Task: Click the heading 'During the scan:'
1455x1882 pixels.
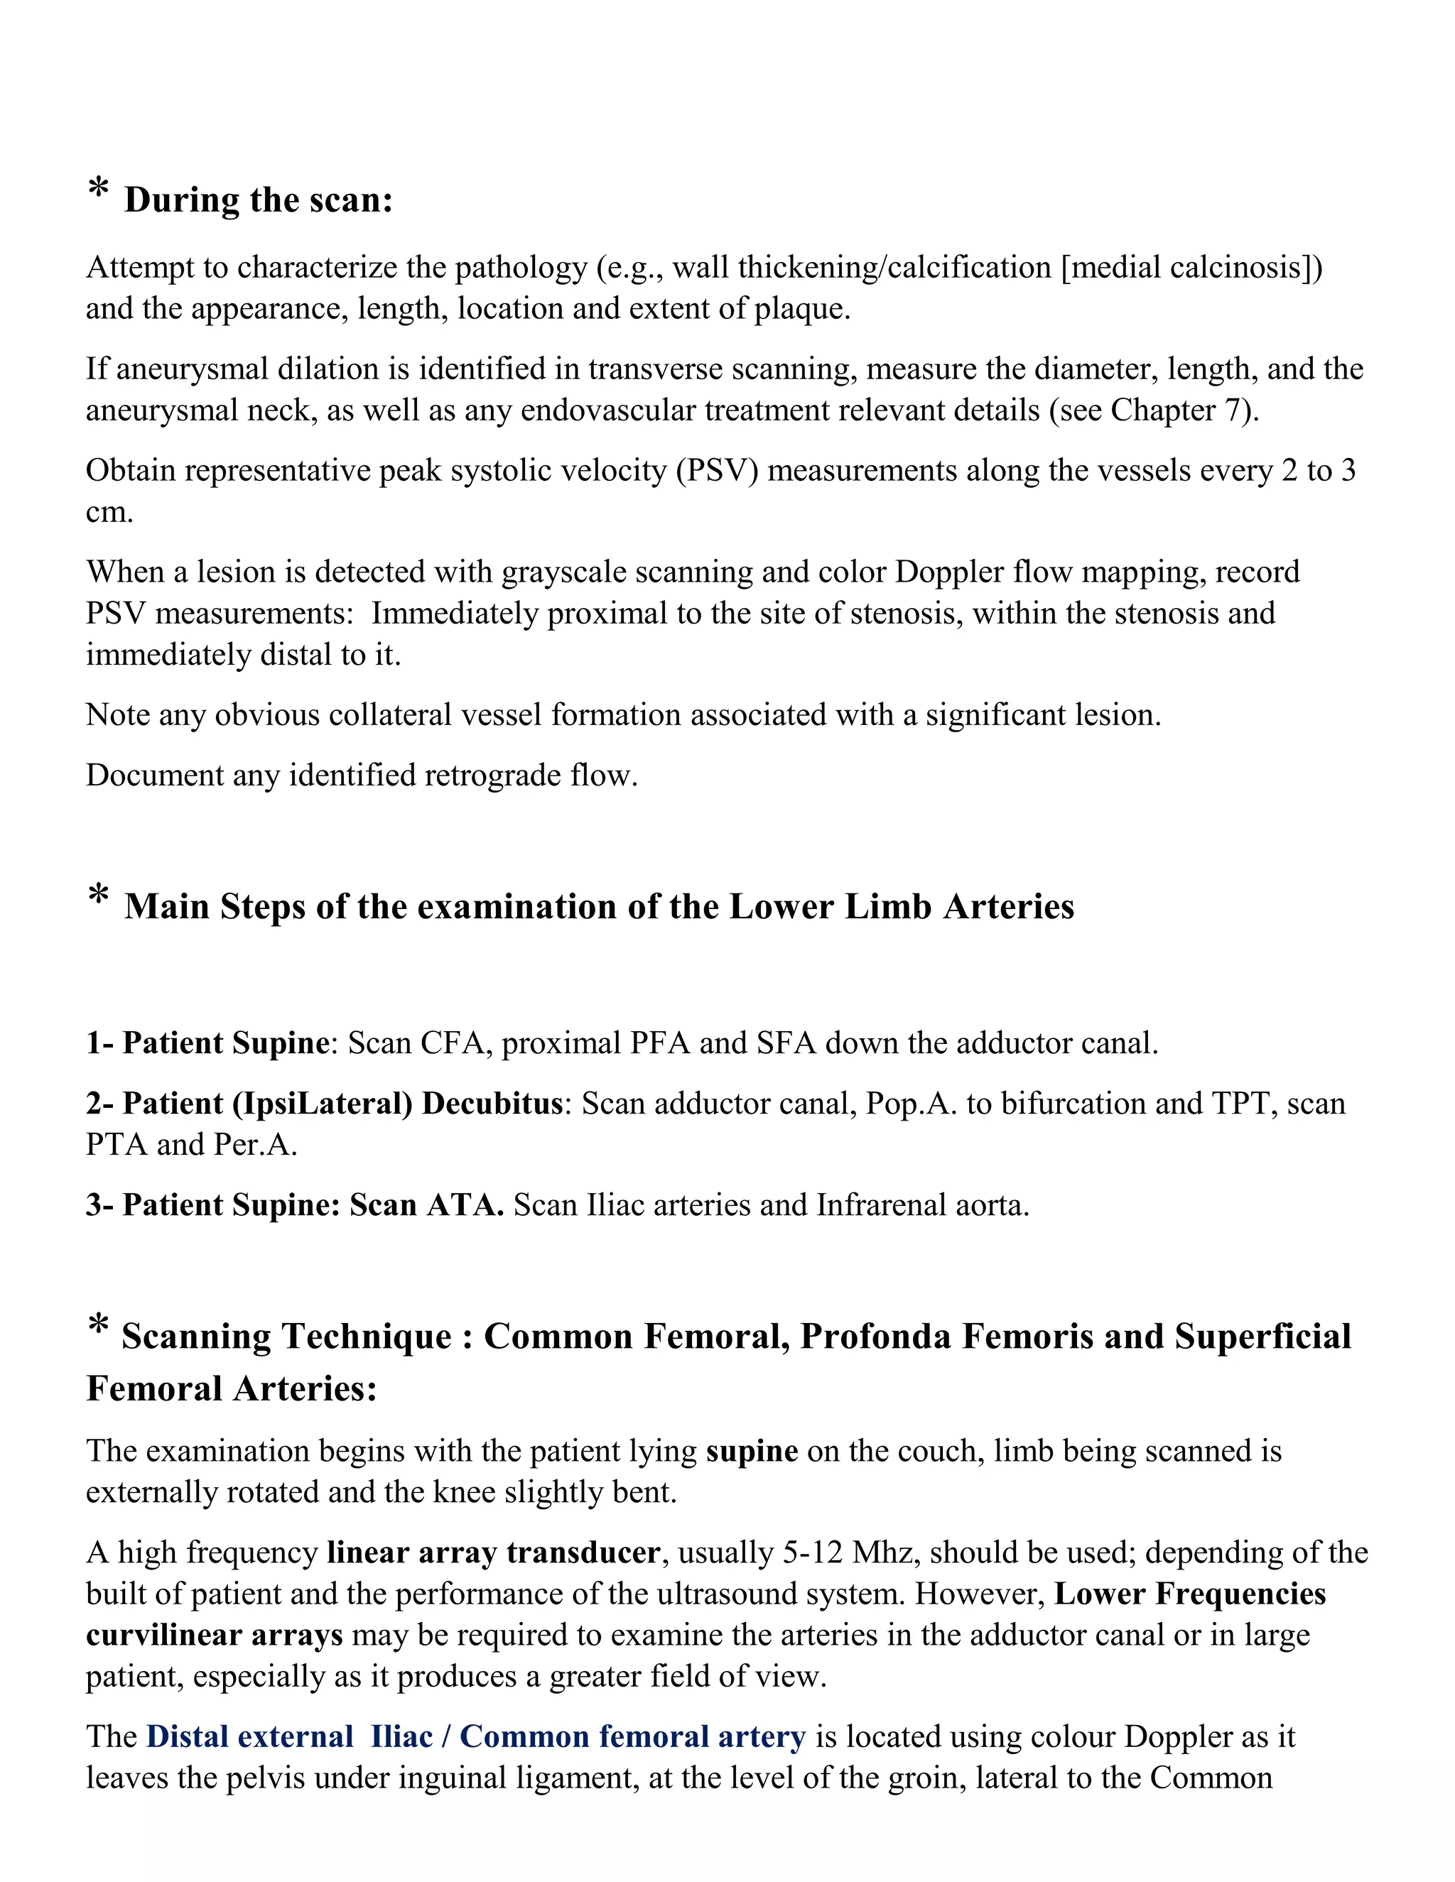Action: point(258,200)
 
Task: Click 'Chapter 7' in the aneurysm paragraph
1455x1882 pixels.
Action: point(1179,410)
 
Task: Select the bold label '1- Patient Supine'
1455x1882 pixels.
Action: point(207,1043)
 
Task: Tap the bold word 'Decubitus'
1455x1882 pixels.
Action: point(492,1104)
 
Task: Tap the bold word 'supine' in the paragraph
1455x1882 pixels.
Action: point(752,1451)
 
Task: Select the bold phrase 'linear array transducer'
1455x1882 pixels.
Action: point(493,1552)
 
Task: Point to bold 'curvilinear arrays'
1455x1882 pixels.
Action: point(214,1636)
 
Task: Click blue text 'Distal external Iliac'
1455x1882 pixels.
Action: point(288,1737)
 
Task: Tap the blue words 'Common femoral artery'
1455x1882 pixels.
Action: point(633,1737)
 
